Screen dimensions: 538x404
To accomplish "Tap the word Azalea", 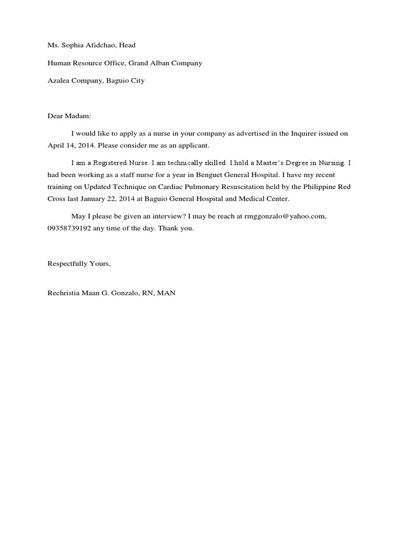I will (x=59, y=81).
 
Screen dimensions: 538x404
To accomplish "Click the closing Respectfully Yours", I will (x=79, y=264).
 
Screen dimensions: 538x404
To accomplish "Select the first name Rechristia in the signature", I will (x=65, y=293).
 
